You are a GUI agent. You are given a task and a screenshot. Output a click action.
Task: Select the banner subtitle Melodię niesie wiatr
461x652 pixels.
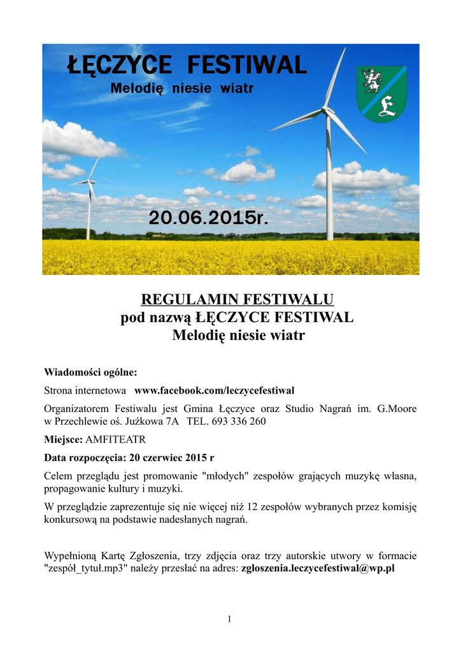(182, 89)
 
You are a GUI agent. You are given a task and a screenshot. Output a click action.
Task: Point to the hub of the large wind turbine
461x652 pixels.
(328, 111)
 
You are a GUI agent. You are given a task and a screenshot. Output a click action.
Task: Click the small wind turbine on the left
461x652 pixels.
(89, 197)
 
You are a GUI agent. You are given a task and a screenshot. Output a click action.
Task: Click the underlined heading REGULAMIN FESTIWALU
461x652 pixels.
(237, 299)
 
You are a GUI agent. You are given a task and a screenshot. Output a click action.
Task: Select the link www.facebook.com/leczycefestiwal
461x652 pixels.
(214, 390)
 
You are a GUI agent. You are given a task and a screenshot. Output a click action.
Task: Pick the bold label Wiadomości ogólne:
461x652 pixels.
(90, 372)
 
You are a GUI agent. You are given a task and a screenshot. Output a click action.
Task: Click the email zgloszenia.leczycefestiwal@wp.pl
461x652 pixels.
(318, 569)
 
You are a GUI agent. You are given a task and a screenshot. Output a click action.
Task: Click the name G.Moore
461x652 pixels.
(397, 408)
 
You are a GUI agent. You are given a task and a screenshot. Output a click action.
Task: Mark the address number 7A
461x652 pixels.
(170, 422)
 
